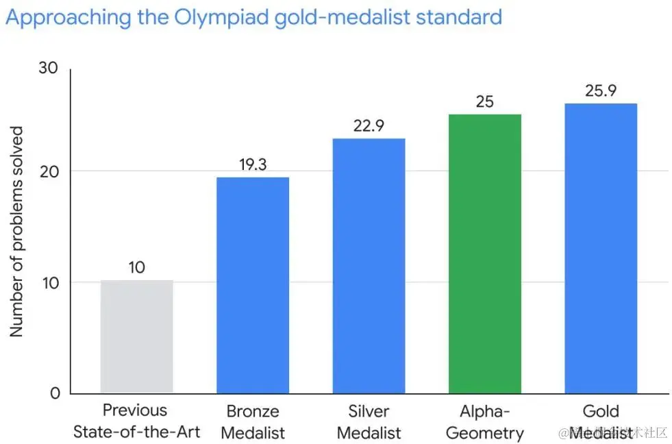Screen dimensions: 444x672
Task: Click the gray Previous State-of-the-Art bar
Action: pos(136,336)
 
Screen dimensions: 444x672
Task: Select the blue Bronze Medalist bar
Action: pos(253,285)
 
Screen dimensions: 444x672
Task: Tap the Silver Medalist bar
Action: pos(369,266)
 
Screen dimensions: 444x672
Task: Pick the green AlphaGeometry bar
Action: pos(484,254)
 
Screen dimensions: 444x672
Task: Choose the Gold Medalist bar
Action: pos(601,248)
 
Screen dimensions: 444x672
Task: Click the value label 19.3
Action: pos(253,164)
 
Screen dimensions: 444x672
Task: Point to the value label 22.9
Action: pos(369,125)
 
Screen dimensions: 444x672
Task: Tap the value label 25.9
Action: pos(601,90)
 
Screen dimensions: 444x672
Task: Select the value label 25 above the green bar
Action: pos(484,101)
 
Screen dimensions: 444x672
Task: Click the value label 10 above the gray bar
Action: pos(136,267)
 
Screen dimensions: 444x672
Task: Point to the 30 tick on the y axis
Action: pos(49,68)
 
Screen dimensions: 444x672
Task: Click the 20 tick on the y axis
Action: pos(49,171)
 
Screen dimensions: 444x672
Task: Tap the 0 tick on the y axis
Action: pos(55,393)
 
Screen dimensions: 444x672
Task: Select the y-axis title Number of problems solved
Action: pos(16,231)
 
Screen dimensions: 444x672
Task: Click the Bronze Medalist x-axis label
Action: pos(253,422)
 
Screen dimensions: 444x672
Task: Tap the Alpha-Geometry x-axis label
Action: pos(484,422)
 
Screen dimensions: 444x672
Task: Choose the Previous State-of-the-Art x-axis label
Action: pos(136,421)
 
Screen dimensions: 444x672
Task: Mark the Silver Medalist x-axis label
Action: pos(369,422)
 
